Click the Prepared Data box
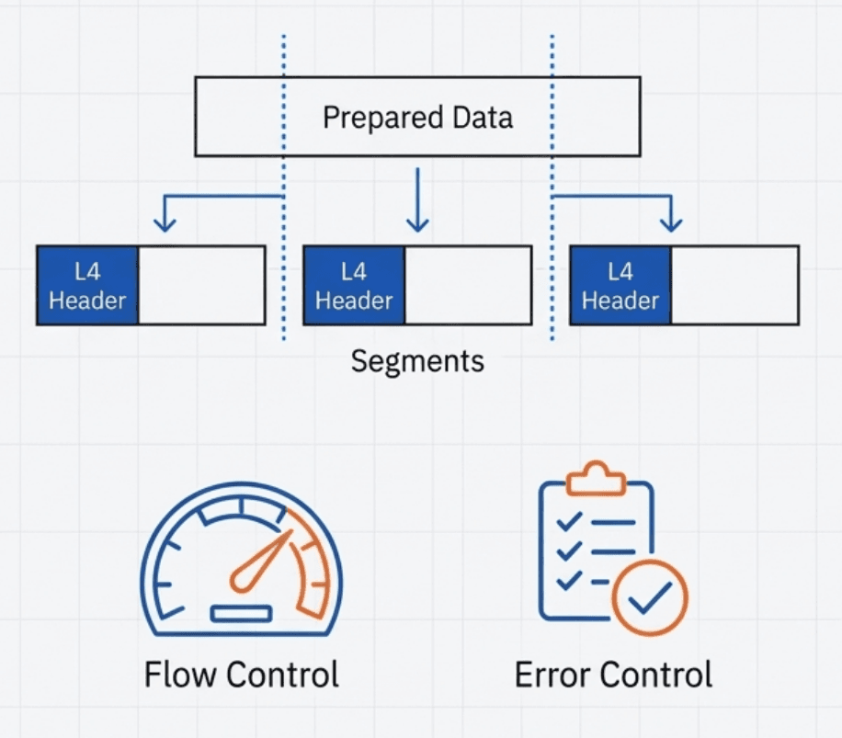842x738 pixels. [x=417, y=117]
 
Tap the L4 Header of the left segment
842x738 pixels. [x=87, y=285]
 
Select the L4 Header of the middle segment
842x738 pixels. [x=354, y=285]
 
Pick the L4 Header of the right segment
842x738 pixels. [x=620, y=285]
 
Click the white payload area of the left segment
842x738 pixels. [x=201, y=285]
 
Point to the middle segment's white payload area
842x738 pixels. [x=468, y=285]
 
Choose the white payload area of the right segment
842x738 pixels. [x=734, y=285]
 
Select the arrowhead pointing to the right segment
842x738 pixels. [x=672, y=222]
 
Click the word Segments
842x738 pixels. [x=417, y=360]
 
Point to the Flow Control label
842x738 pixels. [x=242, y=674]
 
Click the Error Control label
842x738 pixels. [x=613, y=674]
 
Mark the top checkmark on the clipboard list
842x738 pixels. [x=570, y=521]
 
